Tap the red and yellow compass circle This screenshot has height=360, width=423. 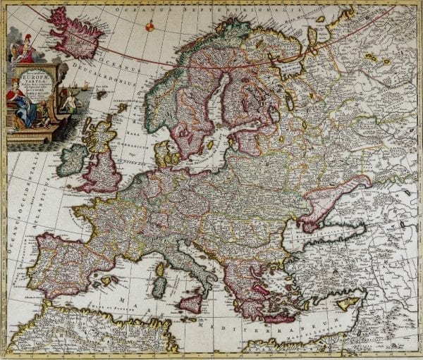[x=149, y=27]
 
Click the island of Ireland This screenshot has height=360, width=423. [x=73, y=161]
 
